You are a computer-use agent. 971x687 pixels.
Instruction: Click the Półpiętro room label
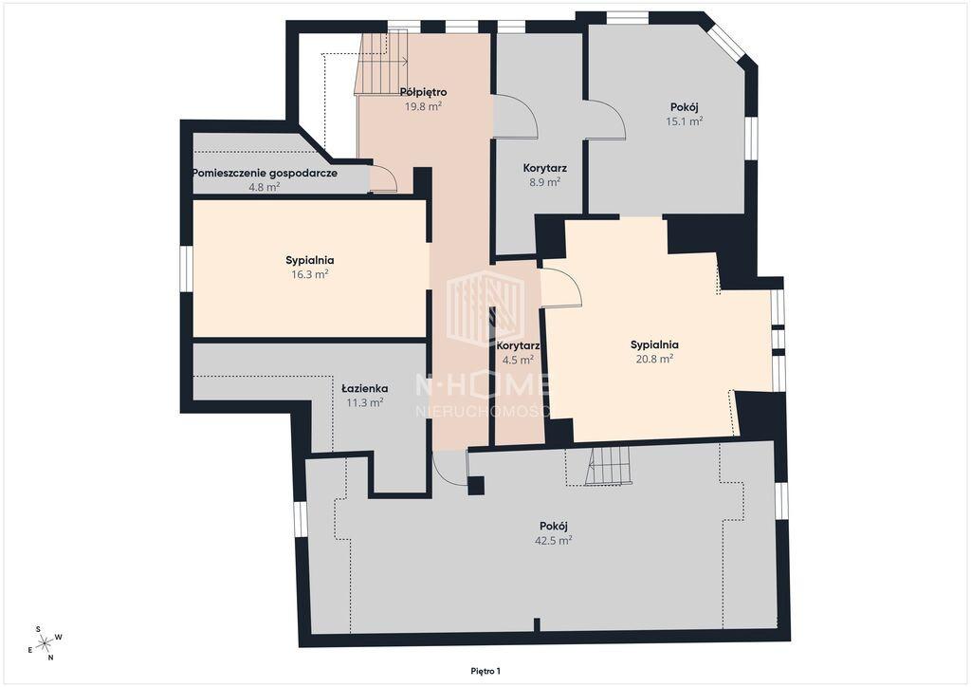[x=423, y=92]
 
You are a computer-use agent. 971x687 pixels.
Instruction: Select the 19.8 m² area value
[x=423, y=106]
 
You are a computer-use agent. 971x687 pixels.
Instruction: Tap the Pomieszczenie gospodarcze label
[x=266, y=173]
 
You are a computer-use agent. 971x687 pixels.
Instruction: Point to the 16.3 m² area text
[x=310, y=274]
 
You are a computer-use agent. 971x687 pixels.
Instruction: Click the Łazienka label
[x=365, y=389]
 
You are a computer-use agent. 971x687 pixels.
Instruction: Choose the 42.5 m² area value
[x=553, y=540]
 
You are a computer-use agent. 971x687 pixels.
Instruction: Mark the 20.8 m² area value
[x=654, y=359]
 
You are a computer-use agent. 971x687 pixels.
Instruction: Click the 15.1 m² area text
[x=685, y=121]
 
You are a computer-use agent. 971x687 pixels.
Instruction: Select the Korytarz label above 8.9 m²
[x=545, y=168]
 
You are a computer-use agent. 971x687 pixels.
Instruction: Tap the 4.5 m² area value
[x=518, y=360]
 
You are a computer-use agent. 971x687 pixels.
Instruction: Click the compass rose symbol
[x=45, y=643]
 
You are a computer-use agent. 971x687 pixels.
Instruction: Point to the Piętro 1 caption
[x=485, y=671]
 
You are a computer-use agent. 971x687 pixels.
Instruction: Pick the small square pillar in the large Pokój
[x=476, y=485]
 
